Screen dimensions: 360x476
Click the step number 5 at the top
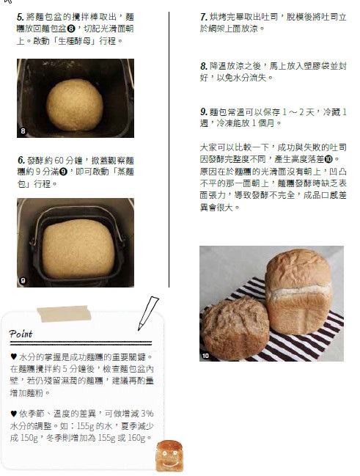point(20,17)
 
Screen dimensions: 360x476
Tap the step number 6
point(21,160)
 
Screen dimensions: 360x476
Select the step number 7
point(203,17)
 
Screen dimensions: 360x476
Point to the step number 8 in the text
point(203,66)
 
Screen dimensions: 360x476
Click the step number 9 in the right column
point(203,111)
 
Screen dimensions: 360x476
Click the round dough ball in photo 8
point(75,105)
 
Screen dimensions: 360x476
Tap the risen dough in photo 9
point(78,249)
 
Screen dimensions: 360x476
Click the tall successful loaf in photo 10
point(298,291)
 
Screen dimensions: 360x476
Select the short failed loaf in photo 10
point(235,329)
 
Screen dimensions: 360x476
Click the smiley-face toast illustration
point(169,456)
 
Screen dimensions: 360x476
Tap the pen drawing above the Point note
point(148,313)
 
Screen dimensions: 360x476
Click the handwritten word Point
point(21,334)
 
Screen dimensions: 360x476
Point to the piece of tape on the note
point(64,314)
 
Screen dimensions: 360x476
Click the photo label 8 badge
point(23,131)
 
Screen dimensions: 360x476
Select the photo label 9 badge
point(23,280)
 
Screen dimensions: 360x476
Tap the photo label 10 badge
point(205,356)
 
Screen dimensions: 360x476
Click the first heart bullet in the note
point(13,356)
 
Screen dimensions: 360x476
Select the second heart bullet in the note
point(13,413)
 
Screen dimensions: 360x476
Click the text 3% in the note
point(147,414)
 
